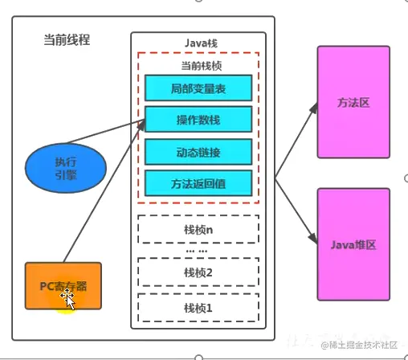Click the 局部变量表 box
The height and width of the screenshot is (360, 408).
tap(198, 88)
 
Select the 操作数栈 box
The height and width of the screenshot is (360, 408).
tap(198, 120)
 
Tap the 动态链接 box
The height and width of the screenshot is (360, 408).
tap(198, 151)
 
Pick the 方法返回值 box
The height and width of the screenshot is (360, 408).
tap(198, 182)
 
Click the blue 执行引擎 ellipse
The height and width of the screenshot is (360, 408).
tap(66, 163)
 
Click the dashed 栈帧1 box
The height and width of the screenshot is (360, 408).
tap(198, 307)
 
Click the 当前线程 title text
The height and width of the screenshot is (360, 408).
tap(67, 39)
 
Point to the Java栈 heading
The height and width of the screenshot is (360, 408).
tap(198, 42)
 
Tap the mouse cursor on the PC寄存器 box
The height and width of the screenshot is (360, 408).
tap(67, 299)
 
